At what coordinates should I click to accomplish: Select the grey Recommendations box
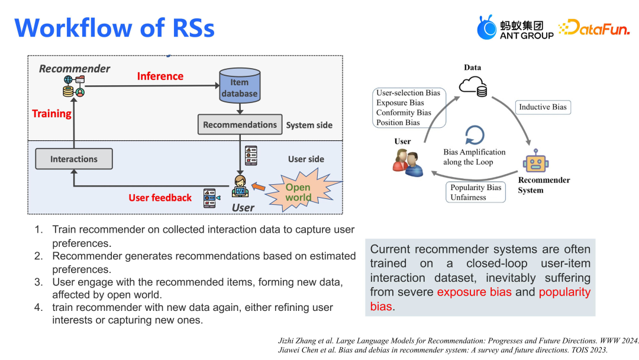[x=240, y=125]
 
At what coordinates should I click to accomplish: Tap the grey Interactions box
[x=73, y=159]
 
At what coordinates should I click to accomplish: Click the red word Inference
[x=160, y=76]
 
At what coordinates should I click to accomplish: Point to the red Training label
[x=51, y=114]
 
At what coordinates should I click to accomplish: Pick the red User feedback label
[x=160, y=198]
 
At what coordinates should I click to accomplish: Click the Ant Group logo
[x=515, y=28]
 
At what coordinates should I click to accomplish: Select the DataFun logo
[x=594, y=28]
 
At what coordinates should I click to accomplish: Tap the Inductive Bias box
[x=543, y=107]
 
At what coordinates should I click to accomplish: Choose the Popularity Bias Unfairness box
[x=476, y=192]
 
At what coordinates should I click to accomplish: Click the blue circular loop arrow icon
[x=475, y=134]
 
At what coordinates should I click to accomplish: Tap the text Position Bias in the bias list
[x=398, y=123]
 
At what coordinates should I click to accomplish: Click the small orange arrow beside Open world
[x=259, y=187]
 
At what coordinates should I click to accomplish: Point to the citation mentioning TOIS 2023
[x=443, y=350]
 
